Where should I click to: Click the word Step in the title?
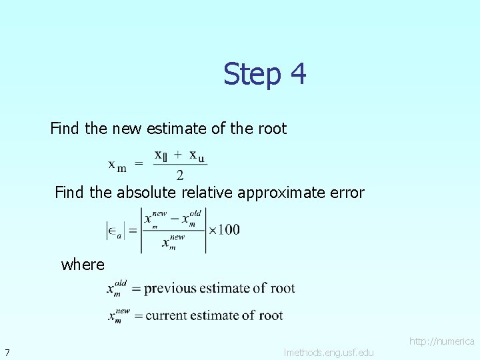coord(253,73)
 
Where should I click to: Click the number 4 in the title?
coord(298,73)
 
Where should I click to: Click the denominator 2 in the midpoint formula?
coord(180,175)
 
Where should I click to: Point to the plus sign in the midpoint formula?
coord(177,155)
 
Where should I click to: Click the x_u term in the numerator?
coord(197,156)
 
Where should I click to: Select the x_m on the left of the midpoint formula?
coord(117,165)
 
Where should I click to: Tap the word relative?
coord(207,193)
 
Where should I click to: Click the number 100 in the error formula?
coord(229,230)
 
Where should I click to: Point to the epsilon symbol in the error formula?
coord(113,231)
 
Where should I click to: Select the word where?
coord(83,265)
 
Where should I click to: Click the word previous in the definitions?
coord(170,289)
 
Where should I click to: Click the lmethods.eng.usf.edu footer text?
coord(329,352)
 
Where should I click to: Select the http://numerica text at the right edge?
coord(441,341)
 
